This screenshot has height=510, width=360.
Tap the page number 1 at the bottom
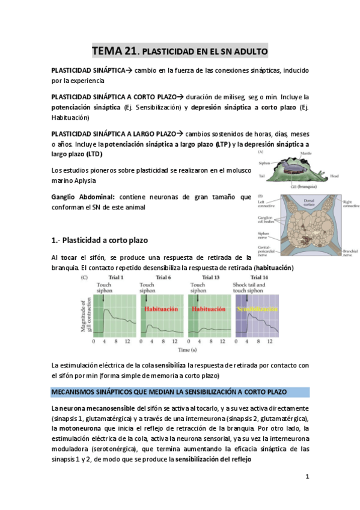307,477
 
